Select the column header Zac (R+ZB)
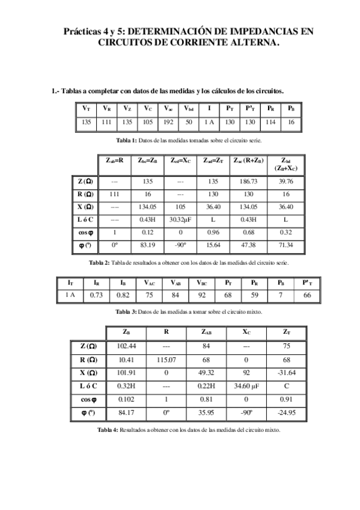[248, 161]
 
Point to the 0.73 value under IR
[96, 295]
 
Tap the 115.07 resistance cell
[166, 360]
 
